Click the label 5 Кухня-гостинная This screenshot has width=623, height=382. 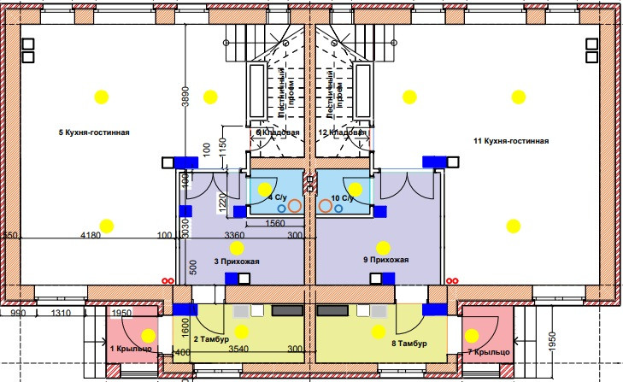coord(94,133)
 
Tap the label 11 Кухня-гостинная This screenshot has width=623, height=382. coord(511,140)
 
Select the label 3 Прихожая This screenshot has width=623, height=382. coord(237,262)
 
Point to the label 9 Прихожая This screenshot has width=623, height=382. coord(387,260)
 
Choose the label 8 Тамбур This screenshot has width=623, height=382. coord(408,344)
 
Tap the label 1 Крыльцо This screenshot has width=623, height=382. coord(131,349)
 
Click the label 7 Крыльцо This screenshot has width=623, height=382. coord(489,352)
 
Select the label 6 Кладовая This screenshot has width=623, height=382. coord(278,133)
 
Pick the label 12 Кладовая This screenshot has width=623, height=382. coord(342,133)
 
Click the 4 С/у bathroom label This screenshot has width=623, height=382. coord(277,198)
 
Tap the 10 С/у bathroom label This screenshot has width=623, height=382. coord(341,198)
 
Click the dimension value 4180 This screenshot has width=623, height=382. coord(91,234)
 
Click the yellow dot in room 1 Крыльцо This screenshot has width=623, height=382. coord(148,335)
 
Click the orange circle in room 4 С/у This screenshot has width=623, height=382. coord(293,205)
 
